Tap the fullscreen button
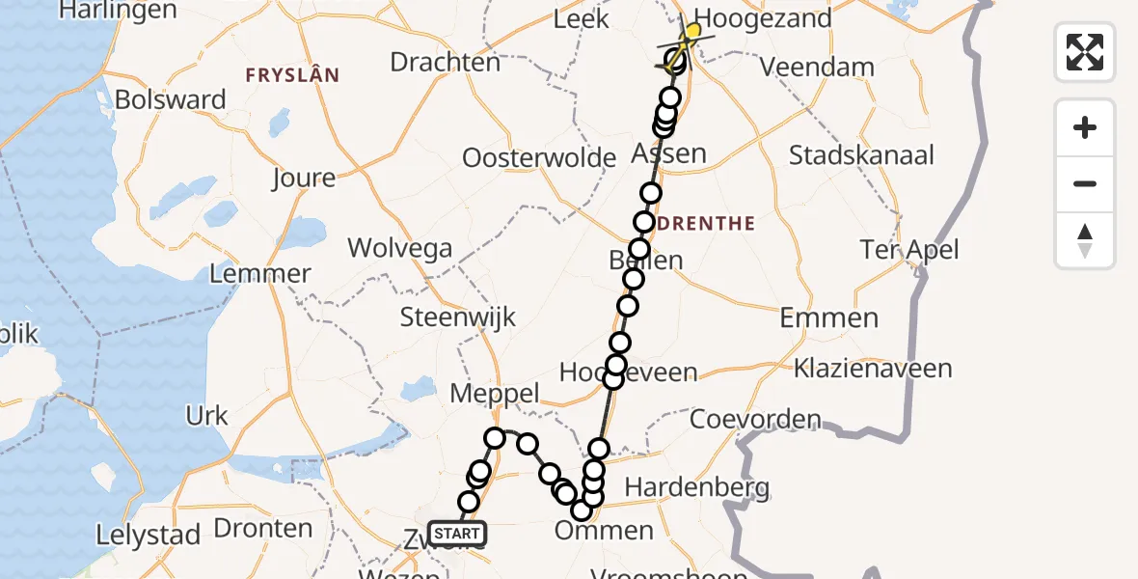(1085, 51)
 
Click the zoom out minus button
(1085, 183)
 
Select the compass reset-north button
(1085, 240)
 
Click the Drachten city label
(445, 62)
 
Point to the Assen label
(668, 153)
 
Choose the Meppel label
(495, 393)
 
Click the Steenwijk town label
(458, 317)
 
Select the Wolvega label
(399, 248)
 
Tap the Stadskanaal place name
(861, 154)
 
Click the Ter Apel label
(909, 250)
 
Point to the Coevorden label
(755, 420)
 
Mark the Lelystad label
(149, 535)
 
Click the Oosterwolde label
(539, 158)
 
